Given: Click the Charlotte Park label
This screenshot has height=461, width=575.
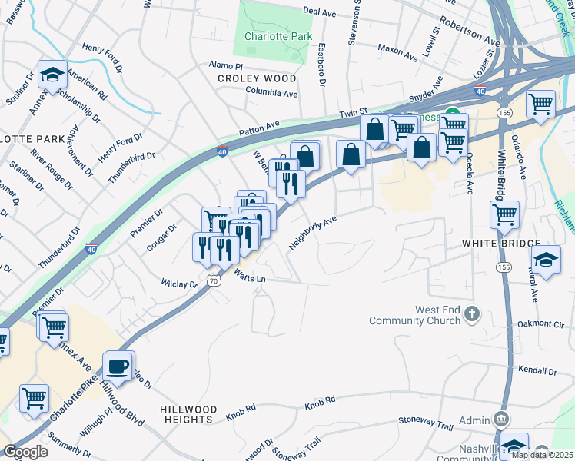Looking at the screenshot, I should tap(269, 36).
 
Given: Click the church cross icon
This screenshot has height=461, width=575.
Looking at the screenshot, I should tap(472, 314).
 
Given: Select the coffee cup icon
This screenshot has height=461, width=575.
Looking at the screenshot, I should tap(118, 366).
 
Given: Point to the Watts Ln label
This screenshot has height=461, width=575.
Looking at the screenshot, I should tap(250, 277).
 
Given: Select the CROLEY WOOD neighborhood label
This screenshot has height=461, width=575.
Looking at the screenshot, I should tap(257, 78).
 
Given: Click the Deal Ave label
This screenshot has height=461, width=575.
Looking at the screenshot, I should tap(321, 12).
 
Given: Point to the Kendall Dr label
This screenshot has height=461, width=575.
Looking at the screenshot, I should tap(537, 371).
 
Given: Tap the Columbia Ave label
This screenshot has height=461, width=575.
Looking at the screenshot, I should tap(271, 93).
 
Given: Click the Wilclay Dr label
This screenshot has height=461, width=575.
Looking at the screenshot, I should tap(179, 284).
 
